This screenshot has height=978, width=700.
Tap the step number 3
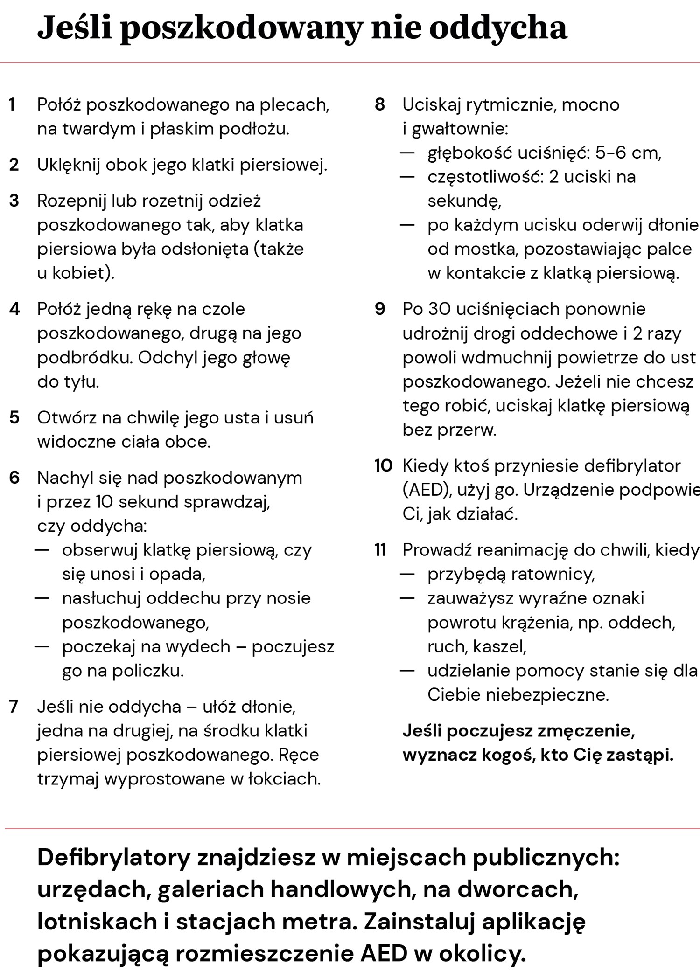(14, 201)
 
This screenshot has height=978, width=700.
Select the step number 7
(14, 707)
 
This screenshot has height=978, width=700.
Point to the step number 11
(380, 550)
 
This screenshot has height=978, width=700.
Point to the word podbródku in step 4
(84, 358)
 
